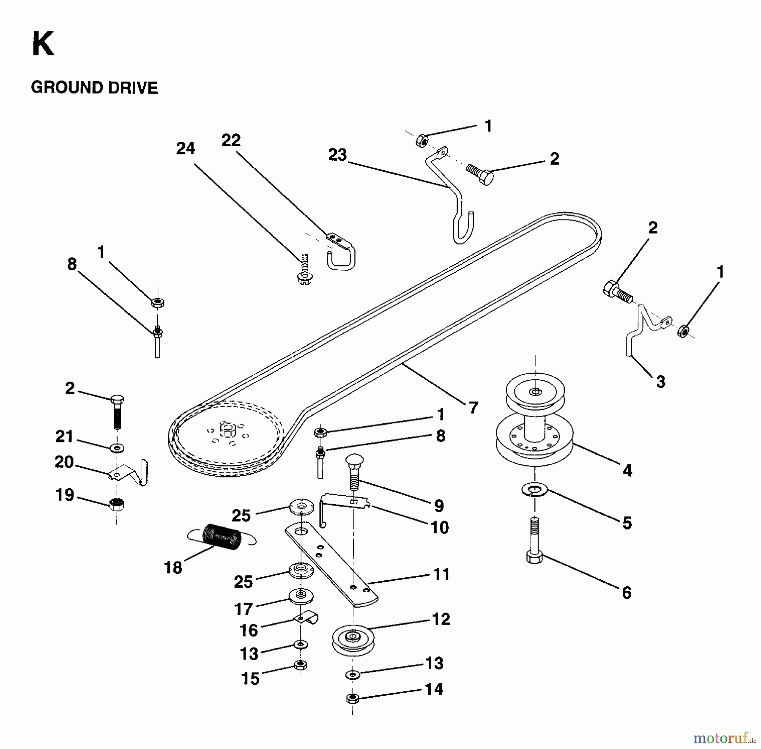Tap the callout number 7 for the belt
coord(473,408)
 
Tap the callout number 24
coord(186,148)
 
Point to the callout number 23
coord(337,155)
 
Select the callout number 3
coord(660,382)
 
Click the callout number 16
coord(248,630)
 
